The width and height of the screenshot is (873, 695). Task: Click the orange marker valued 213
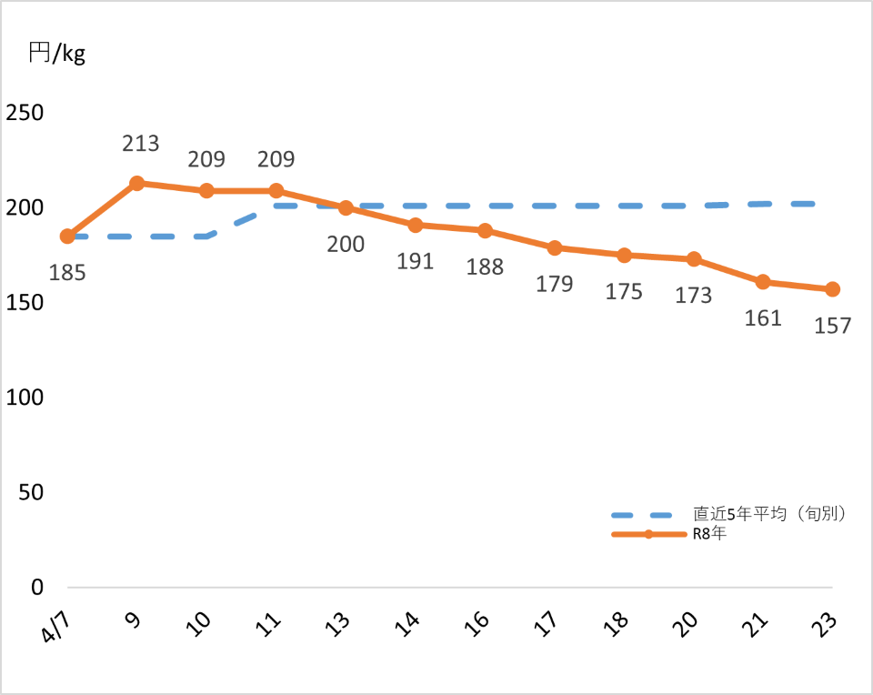click(136, 183)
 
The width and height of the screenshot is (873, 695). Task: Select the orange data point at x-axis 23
click(832, 289)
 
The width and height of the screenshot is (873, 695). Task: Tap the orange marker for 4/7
click(66, 237)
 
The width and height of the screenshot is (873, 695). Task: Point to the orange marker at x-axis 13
click(346, 207)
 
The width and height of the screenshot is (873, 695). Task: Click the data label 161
click(763, 318)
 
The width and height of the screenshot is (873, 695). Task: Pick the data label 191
click(416, 261)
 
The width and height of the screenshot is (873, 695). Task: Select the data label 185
click(67, 272)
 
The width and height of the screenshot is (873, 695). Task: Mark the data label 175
click(624, 291)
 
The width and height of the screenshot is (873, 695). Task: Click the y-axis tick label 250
click(25, 113)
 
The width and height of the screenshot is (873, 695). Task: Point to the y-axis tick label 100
click(25, 398)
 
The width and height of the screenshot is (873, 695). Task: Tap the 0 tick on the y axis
click(37, 588)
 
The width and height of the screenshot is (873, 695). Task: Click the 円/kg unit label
click(56, 54)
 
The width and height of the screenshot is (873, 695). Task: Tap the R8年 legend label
click(709, 534)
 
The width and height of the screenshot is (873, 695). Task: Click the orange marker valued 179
click(555, 247)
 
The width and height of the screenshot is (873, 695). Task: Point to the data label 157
click(833, 325)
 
